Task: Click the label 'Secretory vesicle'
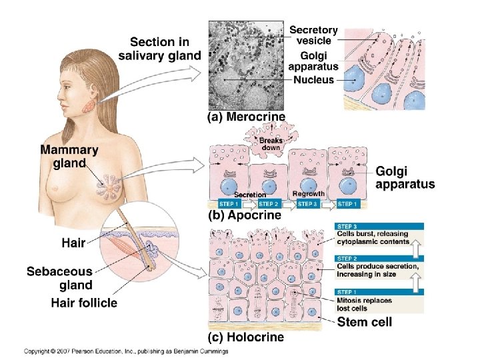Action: [x=313, y=35]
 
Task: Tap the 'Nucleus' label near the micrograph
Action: [x=314, y=80]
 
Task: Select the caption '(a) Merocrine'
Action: [x=247, y=117]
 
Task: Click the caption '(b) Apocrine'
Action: [x=245, y=215]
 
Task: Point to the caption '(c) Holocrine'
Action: [x=247, y=337]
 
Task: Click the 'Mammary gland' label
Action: [x=69, y=157]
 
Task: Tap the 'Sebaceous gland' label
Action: [x=59, y=279]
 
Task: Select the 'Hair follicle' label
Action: [x=84, y=303]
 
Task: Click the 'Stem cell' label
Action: [x=365, y=322]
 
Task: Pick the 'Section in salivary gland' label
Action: [x=159, y=48]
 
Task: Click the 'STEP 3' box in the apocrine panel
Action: [x=308, y=203]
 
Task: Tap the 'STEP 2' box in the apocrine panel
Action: [x=269, y=203]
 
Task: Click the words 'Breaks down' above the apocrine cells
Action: [x=271, y=145]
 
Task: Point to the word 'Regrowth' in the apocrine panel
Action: [x=307, y=194]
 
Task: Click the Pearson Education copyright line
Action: [x=127, y=351]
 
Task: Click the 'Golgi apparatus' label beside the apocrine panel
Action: [x=405, y=177]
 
